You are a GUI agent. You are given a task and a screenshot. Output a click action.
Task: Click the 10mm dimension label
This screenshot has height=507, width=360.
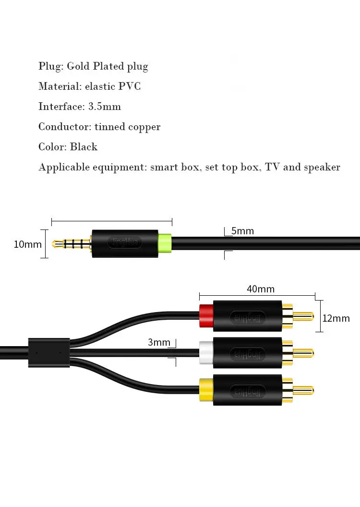coord(27,244)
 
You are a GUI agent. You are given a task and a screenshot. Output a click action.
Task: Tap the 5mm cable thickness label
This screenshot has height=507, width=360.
coord(242,231)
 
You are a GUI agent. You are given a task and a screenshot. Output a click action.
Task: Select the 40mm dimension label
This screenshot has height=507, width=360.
coord(261,289)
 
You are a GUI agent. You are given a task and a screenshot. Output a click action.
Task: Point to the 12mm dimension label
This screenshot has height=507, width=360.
coord(336,318)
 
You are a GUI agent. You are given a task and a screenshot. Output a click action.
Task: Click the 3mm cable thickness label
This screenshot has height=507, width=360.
coord(159,342)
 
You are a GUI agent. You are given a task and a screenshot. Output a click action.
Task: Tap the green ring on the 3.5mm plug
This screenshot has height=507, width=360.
coord(165,243)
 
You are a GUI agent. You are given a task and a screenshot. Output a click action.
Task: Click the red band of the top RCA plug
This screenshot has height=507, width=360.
coord(206,315)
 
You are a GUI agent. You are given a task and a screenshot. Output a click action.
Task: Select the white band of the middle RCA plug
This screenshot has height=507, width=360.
coord(206,353)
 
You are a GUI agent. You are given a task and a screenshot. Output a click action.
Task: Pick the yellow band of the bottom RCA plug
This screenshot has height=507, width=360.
coord(206,390)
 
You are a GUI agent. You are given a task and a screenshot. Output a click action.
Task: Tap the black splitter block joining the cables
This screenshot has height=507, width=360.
coord(49,352)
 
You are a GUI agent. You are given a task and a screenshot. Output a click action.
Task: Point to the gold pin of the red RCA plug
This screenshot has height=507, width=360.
coord(303,316)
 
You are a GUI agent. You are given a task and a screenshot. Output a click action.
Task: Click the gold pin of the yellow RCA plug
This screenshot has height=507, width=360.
coord(303,390)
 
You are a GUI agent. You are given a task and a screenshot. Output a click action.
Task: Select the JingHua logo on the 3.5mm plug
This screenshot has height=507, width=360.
coord(124,242)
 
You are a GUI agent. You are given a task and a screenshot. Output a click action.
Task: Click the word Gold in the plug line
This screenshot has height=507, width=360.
coord(78,66)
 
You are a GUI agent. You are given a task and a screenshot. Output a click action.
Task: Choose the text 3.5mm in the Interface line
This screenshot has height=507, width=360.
coord(105,107)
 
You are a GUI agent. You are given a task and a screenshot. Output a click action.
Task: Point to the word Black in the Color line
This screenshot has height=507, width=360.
coord(84,147)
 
